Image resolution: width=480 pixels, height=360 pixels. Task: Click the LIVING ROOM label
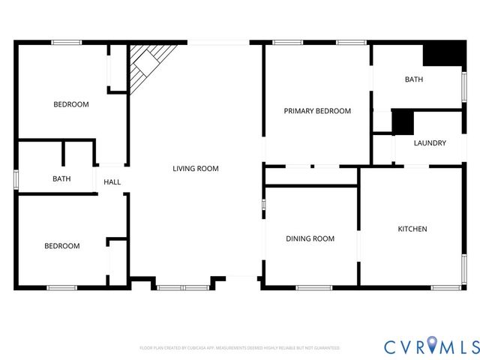click(195, 169)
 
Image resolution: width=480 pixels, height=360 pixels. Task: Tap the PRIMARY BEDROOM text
click(316, 111)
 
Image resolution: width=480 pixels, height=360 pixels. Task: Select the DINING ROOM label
click(310, 238)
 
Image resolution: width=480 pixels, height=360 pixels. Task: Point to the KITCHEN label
click(412, 229)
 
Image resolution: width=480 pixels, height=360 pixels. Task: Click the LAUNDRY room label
click(430, 143)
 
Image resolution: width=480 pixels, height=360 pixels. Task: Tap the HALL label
click(112, 182)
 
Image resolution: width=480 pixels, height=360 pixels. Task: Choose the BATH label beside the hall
click(61, 179)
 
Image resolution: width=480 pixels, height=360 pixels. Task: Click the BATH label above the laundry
click(414, 79)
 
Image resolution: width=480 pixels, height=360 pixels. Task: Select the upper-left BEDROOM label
click(70, 104)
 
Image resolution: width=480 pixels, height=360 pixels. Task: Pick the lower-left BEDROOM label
click(61, 246)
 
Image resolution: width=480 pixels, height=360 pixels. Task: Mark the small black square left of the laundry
click(403, 121)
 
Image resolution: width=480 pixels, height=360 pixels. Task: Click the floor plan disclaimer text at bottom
click(239, 348)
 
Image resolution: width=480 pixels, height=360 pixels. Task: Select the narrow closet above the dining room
click(310, 175)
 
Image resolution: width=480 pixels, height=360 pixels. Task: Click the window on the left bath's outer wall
click(16, 180)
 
